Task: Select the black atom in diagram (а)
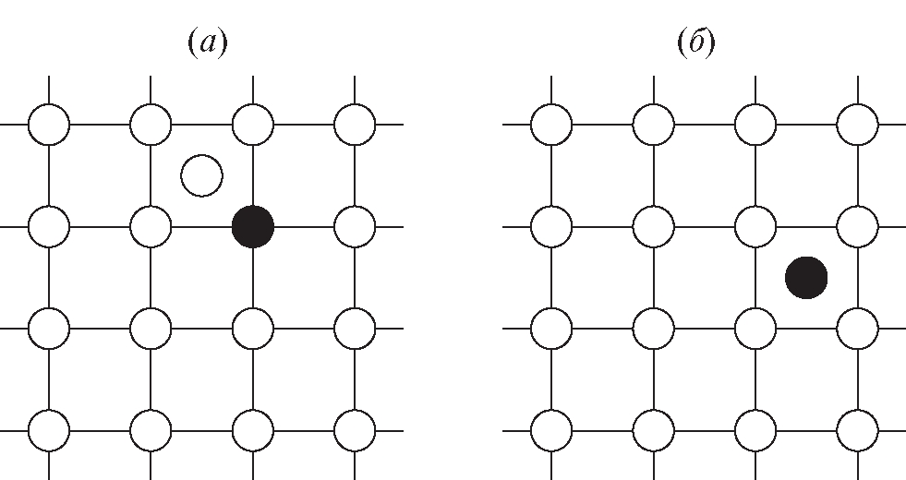point(253,226)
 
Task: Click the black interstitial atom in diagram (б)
point(806,277)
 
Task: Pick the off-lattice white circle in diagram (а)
point(201,175)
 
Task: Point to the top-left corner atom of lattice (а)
point(49,124)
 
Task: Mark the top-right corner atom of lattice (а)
point(355,124)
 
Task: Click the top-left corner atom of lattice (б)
point(552,124)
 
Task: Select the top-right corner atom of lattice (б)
point(858,124)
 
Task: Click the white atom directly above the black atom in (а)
point(253,124)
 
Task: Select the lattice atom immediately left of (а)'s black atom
point(151,226)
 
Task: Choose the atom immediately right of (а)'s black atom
point(355,226)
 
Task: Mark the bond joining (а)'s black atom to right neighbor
point(304,226)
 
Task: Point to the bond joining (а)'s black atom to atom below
point(253,277)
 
